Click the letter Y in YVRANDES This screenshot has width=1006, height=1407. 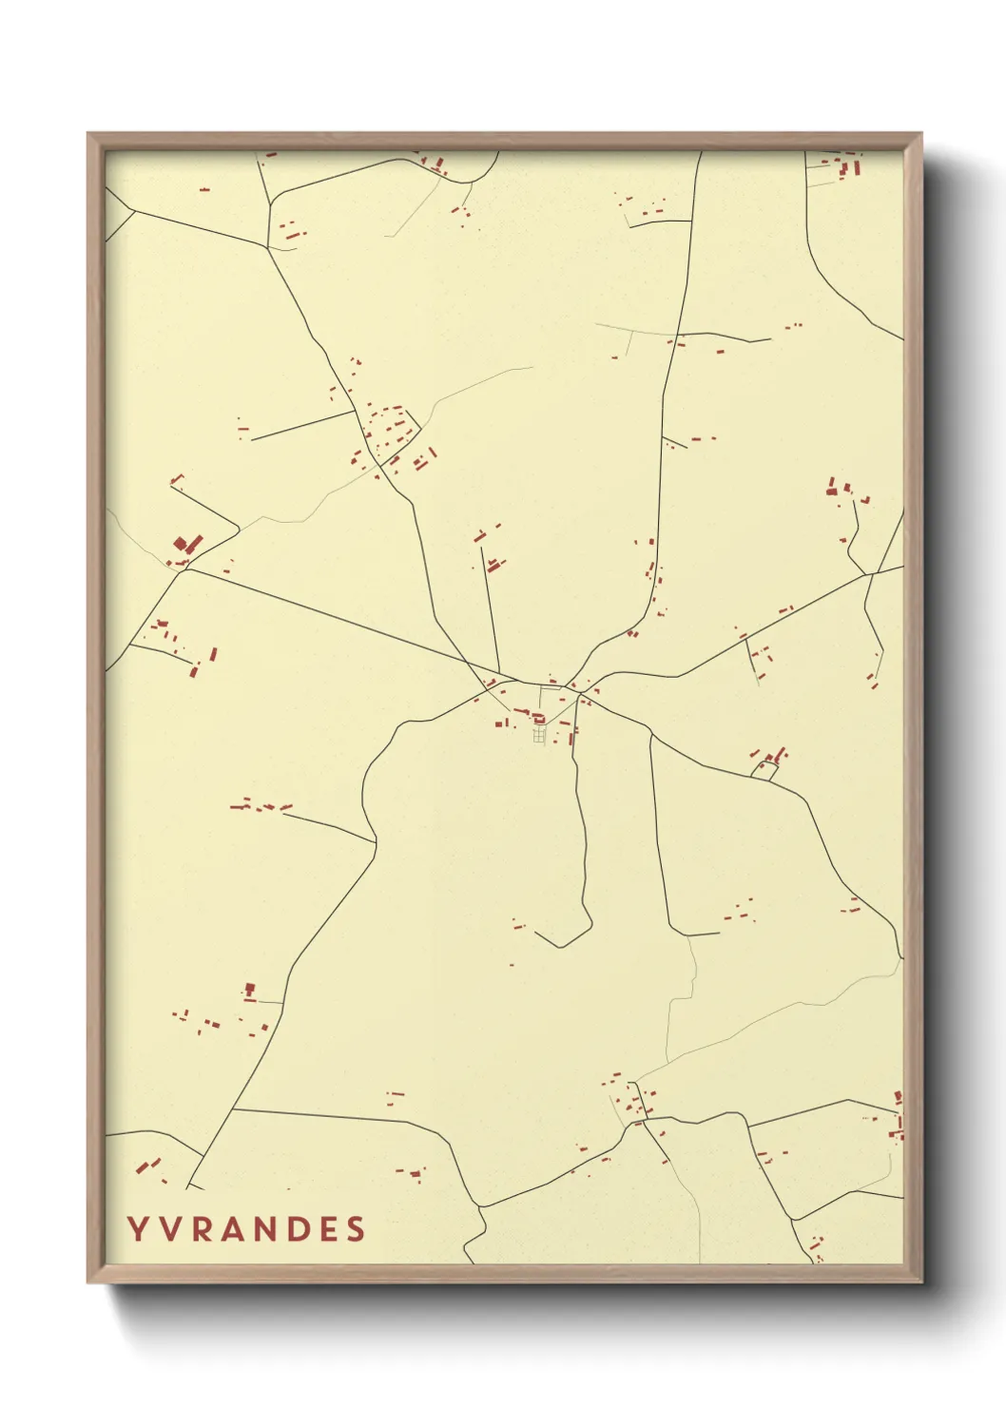(138, 1229)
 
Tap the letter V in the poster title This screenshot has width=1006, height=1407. (169, 1229)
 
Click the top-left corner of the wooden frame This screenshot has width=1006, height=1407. (88, 134)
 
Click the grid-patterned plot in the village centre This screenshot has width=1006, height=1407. (540, 735)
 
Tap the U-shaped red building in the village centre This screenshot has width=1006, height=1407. (539, 719)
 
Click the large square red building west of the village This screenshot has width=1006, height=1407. (181, 545)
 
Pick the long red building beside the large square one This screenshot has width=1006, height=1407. (194, 543)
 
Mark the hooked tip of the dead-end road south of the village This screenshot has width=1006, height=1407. (537, 935)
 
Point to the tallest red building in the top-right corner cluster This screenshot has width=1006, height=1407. (856, 168)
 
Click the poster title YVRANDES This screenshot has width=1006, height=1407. (246, 1229)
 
